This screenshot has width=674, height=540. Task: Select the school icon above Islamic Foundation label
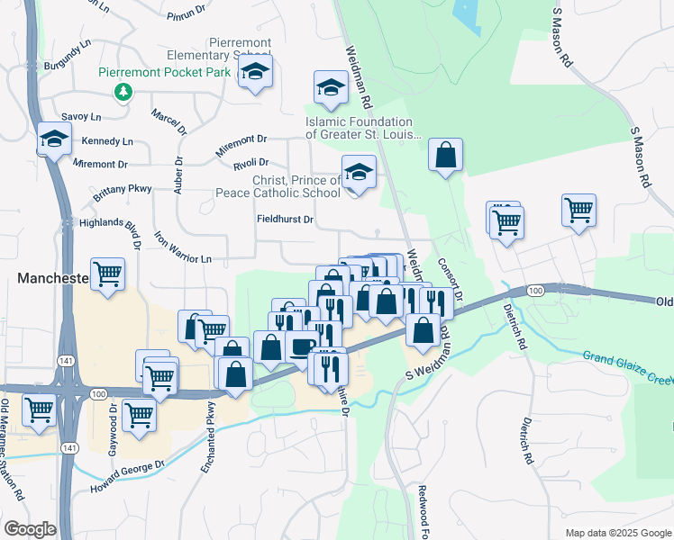point(331,88)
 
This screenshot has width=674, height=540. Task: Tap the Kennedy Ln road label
point(107,142)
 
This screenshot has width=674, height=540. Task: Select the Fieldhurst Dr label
point(285,219)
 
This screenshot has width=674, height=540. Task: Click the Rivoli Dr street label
point(251,162)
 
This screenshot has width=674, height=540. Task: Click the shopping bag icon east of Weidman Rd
point(445,155)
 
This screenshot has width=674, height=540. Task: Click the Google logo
point(30,528)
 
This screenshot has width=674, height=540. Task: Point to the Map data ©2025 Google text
point(618,533)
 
